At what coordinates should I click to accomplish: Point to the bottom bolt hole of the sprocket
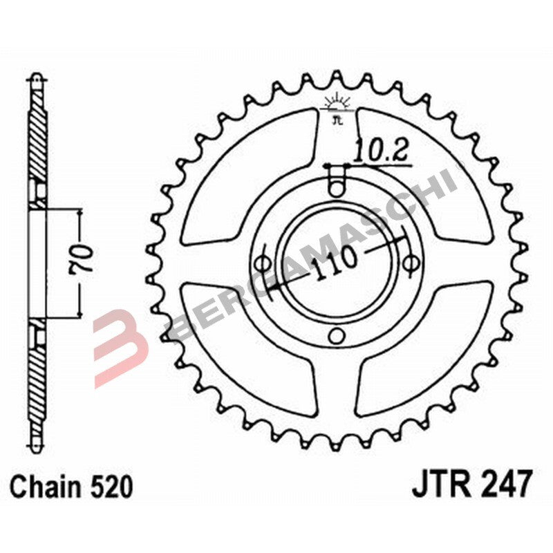pyautogui.click(x=337, y=337)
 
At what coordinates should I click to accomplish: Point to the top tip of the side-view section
pyautogui.click(x=36, y=77)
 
